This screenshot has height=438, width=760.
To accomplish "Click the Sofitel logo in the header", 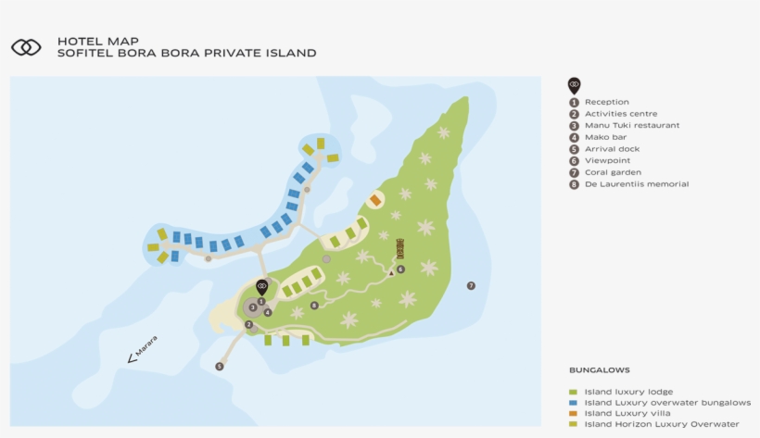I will click(26, 47).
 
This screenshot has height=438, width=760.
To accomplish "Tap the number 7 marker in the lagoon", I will click(471, 285).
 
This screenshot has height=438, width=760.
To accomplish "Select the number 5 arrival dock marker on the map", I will click(220, 366).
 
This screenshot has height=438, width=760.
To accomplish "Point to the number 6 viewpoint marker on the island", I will click(400, 269).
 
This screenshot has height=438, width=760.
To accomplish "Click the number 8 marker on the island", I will click(314, 305).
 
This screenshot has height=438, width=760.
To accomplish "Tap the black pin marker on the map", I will click(261, 288).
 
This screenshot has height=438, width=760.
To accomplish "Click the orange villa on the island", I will click(375, 200).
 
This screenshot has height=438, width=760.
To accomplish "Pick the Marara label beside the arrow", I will click(146, 345).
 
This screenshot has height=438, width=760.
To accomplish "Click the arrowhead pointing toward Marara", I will click(131, 358).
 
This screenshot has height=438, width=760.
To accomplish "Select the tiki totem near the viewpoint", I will click(399, 249).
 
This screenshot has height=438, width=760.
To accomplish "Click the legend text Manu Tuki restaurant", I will click(631, 125).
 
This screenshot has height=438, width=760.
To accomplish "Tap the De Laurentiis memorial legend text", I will click(636, 184).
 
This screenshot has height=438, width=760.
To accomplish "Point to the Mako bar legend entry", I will click(605, 137).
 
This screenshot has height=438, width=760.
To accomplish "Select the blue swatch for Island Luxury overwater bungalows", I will click(574, 403).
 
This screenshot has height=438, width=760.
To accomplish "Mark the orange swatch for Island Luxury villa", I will click(574, 413).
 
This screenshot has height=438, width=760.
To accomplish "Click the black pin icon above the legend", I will click(574, 86).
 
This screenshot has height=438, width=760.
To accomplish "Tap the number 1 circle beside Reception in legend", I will click(574, 102).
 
